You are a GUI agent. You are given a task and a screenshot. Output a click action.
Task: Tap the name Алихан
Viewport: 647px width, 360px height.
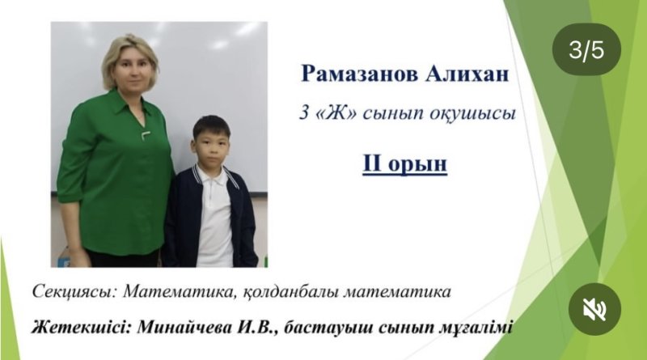[x=467, y=74]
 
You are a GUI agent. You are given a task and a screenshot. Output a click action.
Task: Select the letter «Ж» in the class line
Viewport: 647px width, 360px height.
[x=335, y=112]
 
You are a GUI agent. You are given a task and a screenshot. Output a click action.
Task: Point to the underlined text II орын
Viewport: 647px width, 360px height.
[x=405, y=163]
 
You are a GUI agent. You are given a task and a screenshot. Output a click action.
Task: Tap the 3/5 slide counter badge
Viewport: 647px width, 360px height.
[x=586, y=49]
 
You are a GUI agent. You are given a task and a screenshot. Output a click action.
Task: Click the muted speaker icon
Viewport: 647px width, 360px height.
[x=594, y=309]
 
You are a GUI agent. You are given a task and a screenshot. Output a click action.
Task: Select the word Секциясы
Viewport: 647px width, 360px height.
[x=74, y=292]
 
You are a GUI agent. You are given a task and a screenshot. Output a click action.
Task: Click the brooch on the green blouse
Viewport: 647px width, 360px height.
[x=146, y=134]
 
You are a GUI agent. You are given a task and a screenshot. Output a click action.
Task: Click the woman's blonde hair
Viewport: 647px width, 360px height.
[x=129, y=57]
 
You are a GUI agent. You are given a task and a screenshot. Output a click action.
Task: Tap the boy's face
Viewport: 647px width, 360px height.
[x=210, y=146]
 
